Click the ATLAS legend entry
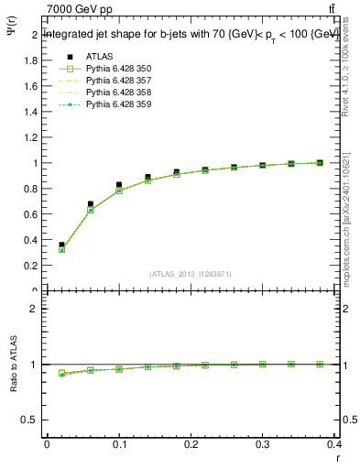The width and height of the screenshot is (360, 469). tap(98, 57)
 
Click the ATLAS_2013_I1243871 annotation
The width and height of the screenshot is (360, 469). tap(191, 274)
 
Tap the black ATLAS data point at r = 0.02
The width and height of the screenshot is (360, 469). tap(61, 245)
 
